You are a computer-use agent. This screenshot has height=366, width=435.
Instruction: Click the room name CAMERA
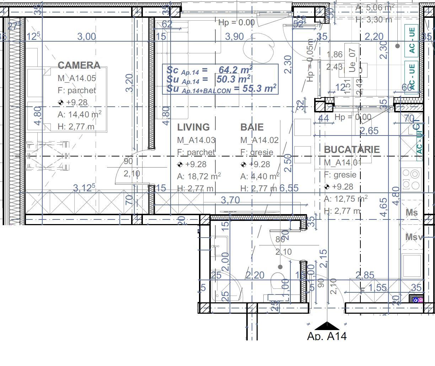[x=79, y=65]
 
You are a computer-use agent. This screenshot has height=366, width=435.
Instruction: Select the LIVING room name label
[x=193, y=127]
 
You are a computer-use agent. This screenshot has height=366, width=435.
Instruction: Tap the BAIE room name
[x=252, y=127]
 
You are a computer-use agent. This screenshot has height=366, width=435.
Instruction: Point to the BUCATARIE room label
[x=351, y=150]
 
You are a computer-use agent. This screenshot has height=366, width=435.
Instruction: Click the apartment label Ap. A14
[x=327, y=336]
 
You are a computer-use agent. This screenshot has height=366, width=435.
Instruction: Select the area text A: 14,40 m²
[x=79, y=115]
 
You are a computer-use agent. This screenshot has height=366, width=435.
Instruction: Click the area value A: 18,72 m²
[x=199, y=176]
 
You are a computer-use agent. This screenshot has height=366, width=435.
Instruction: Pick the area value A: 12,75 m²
[x=345, y=199]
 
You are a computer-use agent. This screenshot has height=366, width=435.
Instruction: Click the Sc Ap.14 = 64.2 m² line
[x=209, y=69]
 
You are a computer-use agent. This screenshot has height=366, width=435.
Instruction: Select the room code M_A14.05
[x=77, y=78]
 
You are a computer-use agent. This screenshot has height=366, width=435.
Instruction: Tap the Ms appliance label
[x=412, y=213]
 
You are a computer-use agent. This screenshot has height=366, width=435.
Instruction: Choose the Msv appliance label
[x=413, y=237]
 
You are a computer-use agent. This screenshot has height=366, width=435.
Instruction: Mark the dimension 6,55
[x=289, y=188]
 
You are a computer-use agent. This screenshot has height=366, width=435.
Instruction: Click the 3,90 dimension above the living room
[x=235, y=37]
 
